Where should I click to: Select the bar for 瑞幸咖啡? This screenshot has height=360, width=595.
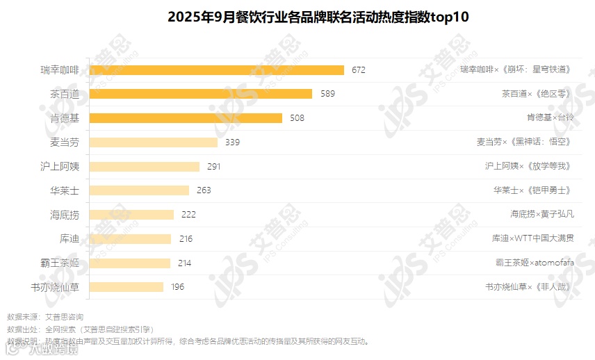pos(217,69)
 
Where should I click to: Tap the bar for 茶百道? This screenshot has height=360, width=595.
pos(201,94)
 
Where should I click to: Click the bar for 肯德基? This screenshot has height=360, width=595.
pos(186,118)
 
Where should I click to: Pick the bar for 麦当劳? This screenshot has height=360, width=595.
pos(154,142)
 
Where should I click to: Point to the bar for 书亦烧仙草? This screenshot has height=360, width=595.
pos(127,287)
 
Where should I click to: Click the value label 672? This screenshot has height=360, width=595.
pos(359,69)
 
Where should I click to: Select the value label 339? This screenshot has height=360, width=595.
pos(232,142)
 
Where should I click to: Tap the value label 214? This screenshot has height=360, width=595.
pos(184,263)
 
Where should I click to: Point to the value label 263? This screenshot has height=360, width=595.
pos(204,190)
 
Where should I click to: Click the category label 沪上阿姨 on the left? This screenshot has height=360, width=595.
pos(60,166)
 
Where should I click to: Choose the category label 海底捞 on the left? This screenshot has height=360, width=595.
pos(65,215)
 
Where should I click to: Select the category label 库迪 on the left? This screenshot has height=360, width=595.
pos(70,238)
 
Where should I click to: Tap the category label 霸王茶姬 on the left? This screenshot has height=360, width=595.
pos(60,263)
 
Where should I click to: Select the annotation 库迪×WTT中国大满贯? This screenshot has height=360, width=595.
pos(533,238)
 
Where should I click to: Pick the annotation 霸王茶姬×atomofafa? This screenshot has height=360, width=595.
pos(535,263)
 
